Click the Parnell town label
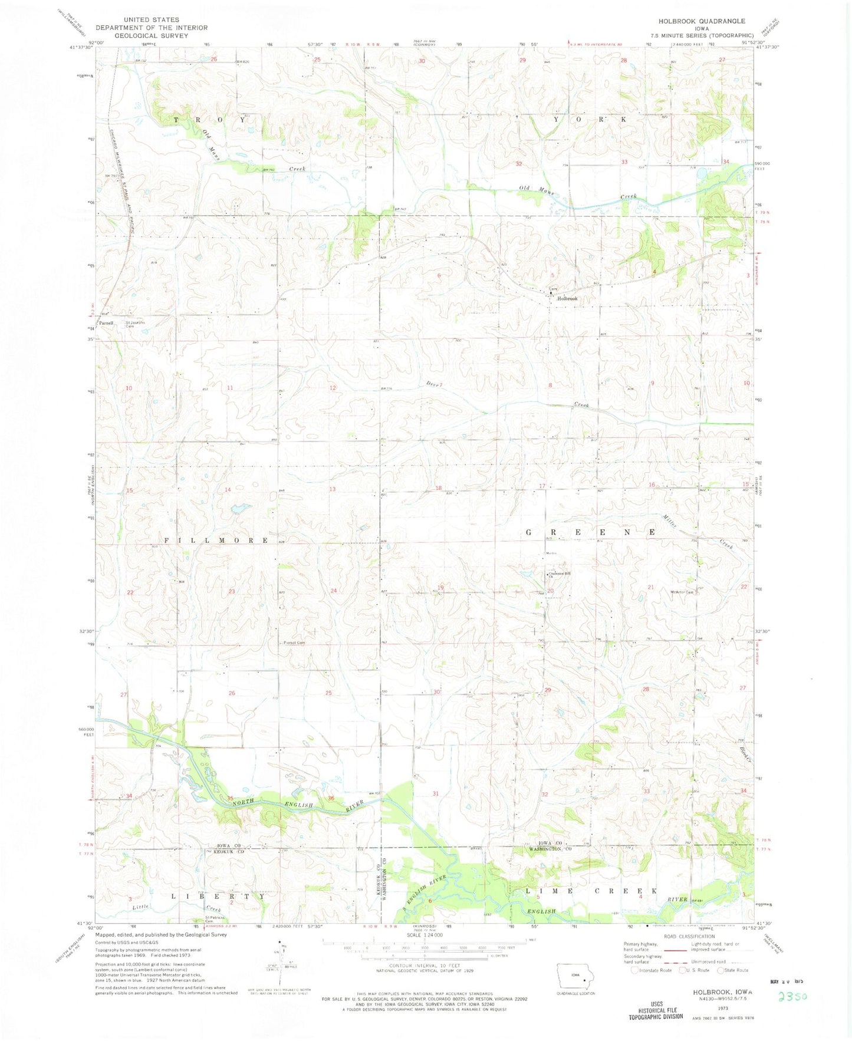[x=106, y=323]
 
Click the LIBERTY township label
[x=218, y=895]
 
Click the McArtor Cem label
[x=680, y=592]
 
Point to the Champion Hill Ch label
[x=560, y=575]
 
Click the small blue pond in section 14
[x=239, y=508]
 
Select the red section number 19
[x=440, y=588]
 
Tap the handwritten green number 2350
[x=792, y=996]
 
